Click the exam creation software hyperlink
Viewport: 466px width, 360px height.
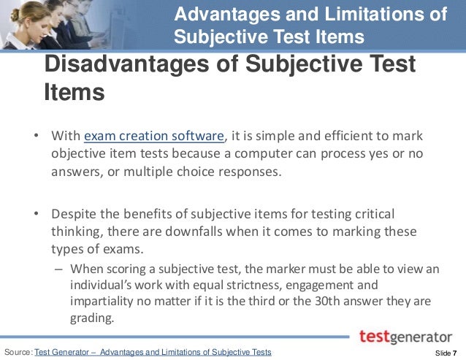[x=154, y=136]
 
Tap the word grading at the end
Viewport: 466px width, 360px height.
[x=93, y=318]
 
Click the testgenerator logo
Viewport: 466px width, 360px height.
[x=405, y=337]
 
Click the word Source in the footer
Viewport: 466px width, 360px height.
[x=18, y=353]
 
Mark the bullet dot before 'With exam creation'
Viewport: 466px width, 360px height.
[x=35, y=136]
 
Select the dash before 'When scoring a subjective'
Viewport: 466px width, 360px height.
[x=60, y=268]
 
